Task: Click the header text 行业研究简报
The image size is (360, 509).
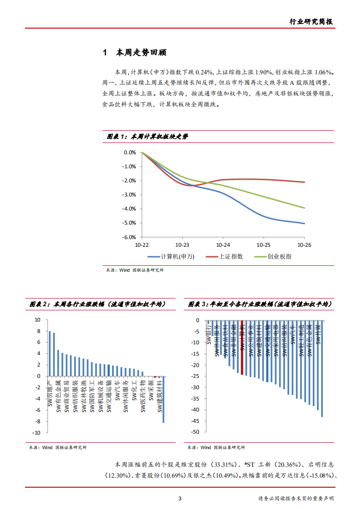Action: (x=311, y=21)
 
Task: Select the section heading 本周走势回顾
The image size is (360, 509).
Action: (x=141, y=53)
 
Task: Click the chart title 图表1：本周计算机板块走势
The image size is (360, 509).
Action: (x=147, y=137)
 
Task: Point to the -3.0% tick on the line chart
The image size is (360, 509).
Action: (x=129, y=195)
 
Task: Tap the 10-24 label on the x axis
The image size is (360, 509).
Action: (x=223, y=245)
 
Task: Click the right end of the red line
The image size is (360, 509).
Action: (x=304, y=182)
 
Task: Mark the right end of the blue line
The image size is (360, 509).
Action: (x=304, y=223)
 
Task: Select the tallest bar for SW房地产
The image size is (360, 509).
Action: (x=50, y=354)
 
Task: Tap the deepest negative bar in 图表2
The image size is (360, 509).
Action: (x=163, y=399)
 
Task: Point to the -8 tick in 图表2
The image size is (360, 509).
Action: (x=38, y=421)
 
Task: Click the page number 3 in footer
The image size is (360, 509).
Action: (x=180, y=499)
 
